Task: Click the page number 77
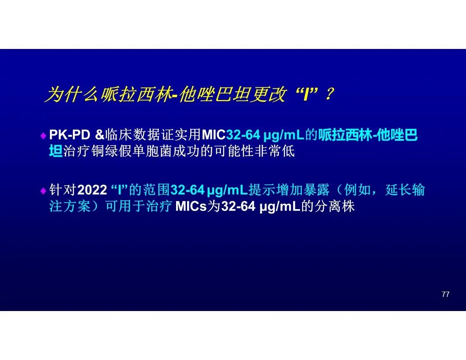pyautogui.click(x=445, y=294)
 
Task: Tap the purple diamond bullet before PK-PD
pyautogui.click(x=43, y=136)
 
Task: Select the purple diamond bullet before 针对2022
pyautogui.click(x=43, y=191)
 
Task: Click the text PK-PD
pyautogui.click(x=70, y=135)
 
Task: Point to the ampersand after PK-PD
pyautogui.click(x=100, y=135)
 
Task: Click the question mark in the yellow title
pyautogui.click(x=329, y=94)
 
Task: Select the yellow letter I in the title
pyautogui.click(x=306, y=94)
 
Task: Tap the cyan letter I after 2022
pyautogui.click(x=120, y=190)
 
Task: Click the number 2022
pyautogui.click(x=92, y=190)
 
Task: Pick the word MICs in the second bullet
pyautogui.click(x=191, y=206)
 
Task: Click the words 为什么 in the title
pyautogui.click(x=72, y=94)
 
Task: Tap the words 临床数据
pyautogui.click(x=132, y=135)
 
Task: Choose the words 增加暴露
pyautogui.click(x=303, y=190)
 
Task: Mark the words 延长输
pyautogui.click(x=405, y=190)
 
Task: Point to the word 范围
pyautogui.click(x=156, y=190)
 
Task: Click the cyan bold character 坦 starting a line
pyautogui.click(x=56, y=151)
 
